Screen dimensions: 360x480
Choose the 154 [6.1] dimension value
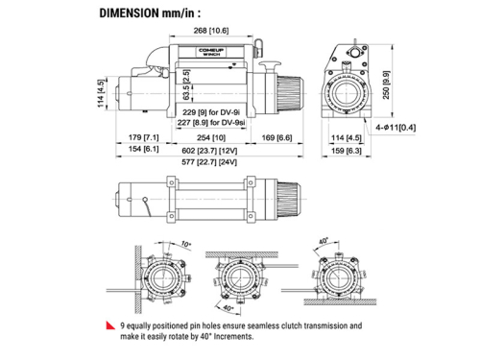coord(135,152)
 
